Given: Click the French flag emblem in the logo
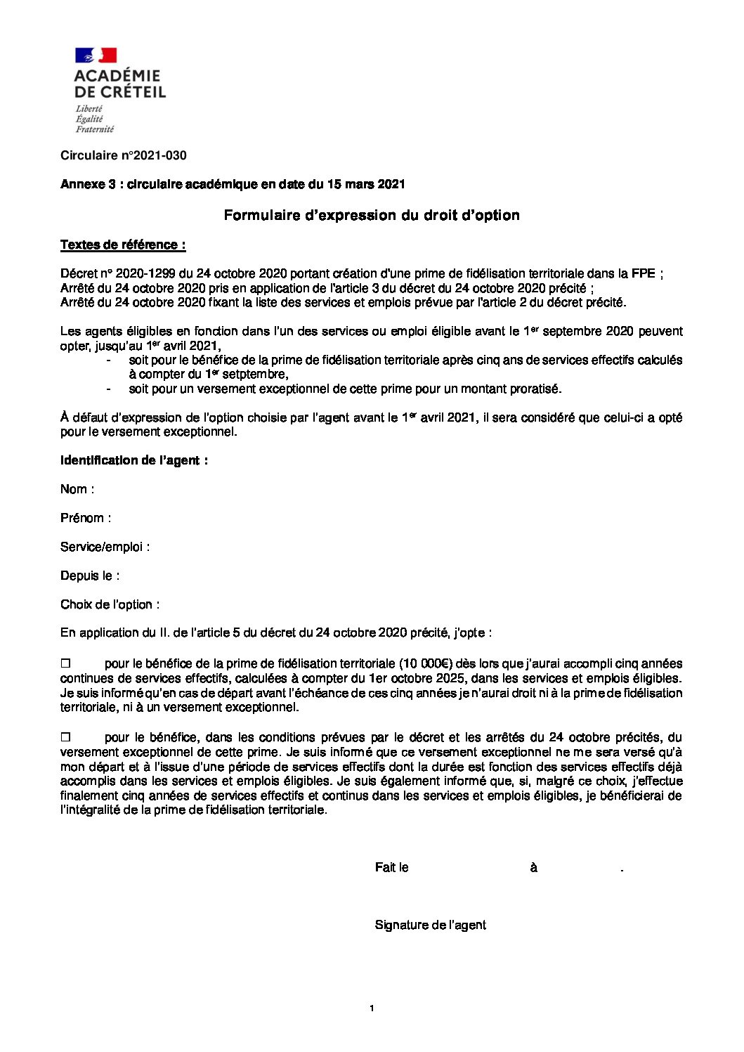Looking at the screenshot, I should tap(96, 56).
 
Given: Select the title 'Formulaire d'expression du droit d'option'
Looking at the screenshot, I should tap(372, 215).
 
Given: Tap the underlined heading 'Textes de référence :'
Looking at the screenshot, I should tap(123, 245).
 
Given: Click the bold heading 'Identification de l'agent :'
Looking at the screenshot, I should tap(134, 460).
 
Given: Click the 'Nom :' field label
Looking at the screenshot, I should tap(77, 489).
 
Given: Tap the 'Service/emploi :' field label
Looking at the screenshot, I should tap(105, 547).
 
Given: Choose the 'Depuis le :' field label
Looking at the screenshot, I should tap(90, 576).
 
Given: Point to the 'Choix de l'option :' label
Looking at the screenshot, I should tap(110, 604).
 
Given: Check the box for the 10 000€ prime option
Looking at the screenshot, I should tap(66, 663).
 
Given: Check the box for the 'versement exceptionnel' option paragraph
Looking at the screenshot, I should tap(66, 737).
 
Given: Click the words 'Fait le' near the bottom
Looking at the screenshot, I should tap(391, 868).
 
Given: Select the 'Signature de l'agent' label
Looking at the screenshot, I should tap(430, 925).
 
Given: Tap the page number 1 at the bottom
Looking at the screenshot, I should tap(372, 1009).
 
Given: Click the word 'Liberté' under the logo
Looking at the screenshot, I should tap(89, 109).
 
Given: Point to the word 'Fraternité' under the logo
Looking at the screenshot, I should tap(95, 129).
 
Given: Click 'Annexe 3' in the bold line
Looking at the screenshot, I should tap(88, 184).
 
